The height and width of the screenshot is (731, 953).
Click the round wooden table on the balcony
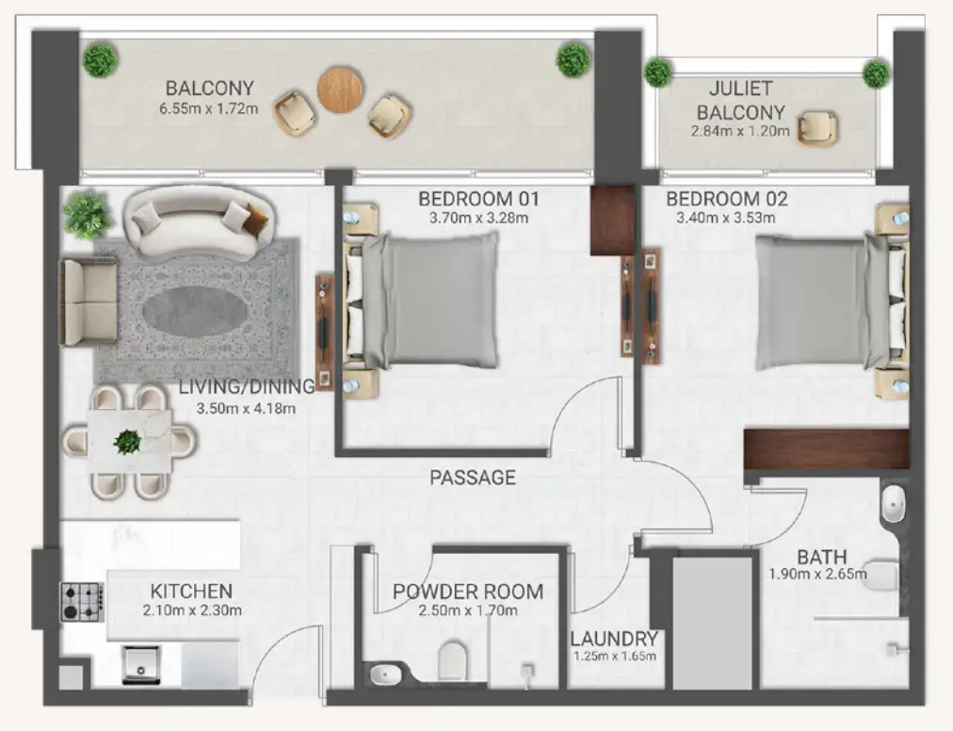pos(340,90)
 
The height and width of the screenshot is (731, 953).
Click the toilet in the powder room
pos(452,659)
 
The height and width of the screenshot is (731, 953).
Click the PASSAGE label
pos(473,478)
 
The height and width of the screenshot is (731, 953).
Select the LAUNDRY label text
pos(614,638)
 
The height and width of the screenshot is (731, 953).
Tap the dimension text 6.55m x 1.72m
pos(209,109)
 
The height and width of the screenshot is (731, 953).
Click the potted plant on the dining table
pos(127,440)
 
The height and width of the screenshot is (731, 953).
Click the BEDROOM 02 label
pos(726,199)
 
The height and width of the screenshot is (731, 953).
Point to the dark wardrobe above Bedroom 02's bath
pos(826,449)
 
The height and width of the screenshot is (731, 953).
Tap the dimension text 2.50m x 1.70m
pos(467,609)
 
